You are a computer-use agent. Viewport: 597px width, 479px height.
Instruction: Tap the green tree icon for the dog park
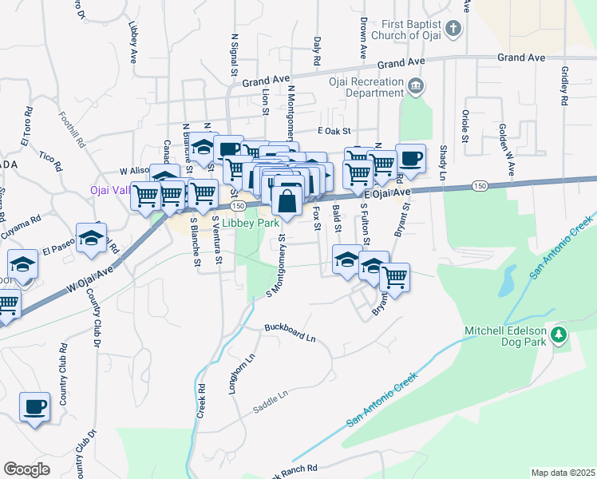click(559, 335)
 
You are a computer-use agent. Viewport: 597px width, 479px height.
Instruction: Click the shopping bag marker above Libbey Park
click(287, 198)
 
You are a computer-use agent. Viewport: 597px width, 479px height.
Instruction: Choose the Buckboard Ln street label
click(291, 333)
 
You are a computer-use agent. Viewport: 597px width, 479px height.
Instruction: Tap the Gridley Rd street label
click(565, 85)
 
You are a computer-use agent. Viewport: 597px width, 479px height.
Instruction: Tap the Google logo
click(26, 469)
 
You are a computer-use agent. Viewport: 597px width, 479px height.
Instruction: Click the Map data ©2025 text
click(562, 473)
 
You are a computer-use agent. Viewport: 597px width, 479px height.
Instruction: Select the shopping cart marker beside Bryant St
click(394, 277)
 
